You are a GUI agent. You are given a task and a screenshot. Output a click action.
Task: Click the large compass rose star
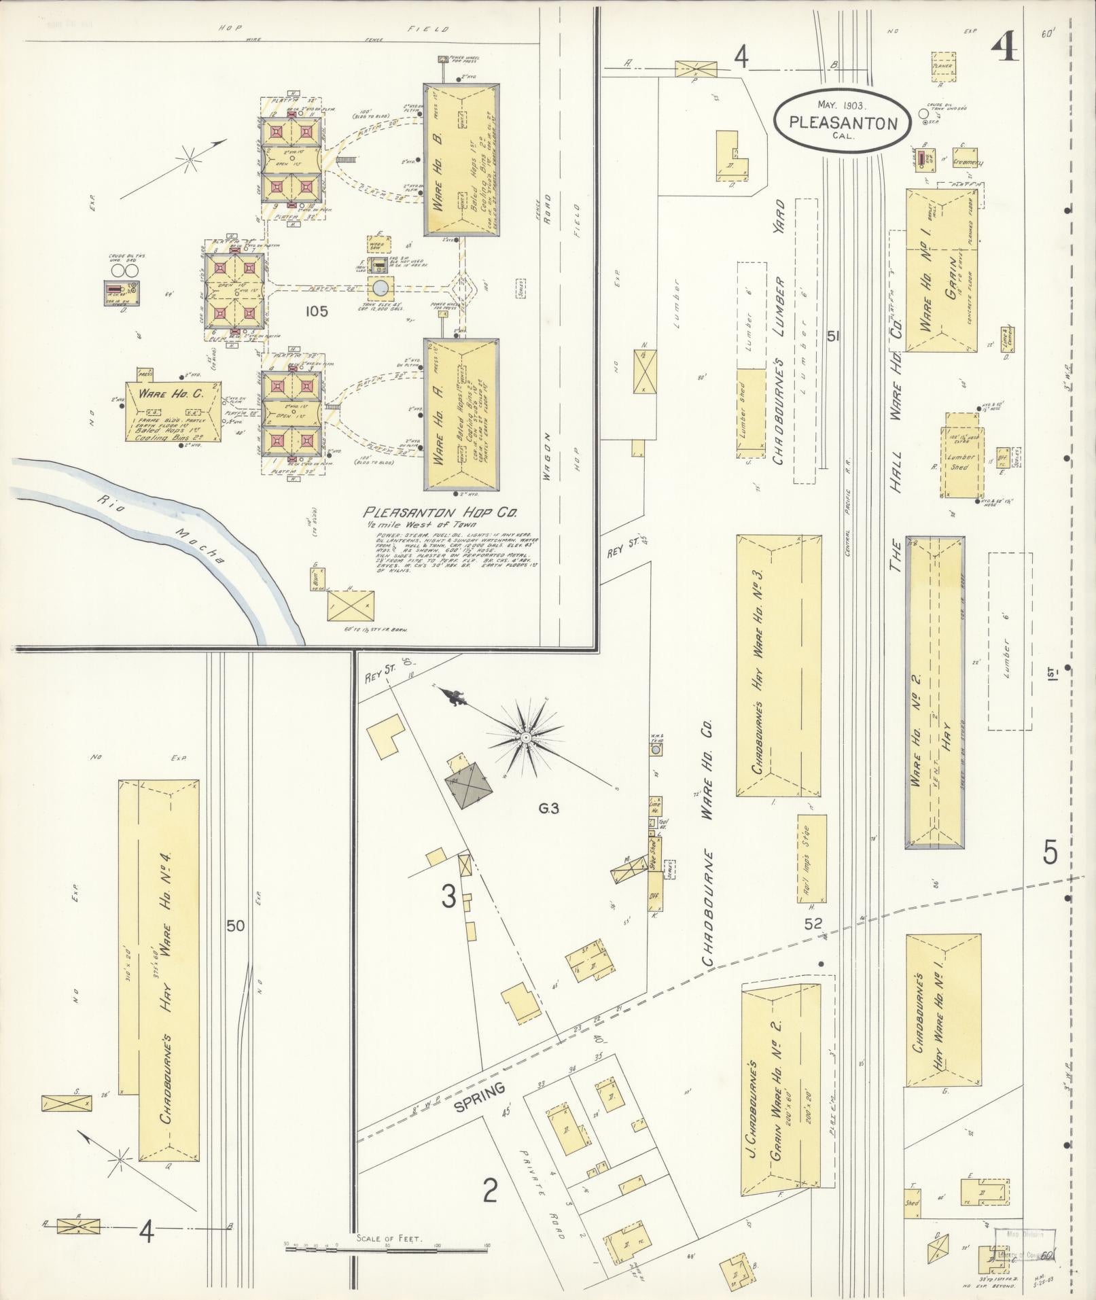pyautogui.click(x=525, y=737)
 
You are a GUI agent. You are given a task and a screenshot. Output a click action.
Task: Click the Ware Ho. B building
pyautogui.click(x=461, y=160)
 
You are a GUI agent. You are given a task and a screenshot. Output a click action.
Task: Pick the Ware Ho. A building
pyautogui.click(x=461, y=415)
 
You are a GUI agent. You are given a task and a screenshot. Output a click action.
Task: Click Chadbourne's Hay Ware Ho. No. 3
pyautogui.click(x=779, y=665)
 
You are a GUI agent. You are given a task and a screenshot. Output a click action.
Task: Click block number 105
pyautogui.click(x=317, y=312)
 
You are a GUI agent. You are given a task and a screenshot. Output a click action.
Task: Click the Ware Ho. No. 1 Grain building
pyautogui.click(x=940, y=270)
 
